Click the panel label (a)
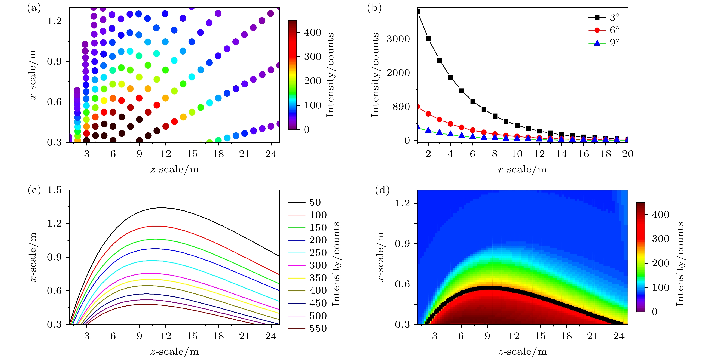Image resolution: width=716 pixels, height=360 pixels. [34, 8]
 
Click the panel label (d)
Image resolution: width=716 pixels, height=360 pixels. [382, 190]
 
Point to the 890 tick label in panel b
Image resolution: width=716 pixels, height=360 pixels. [401, 107]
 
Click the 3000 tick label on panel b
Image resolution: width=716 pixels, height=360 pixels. [398, 39]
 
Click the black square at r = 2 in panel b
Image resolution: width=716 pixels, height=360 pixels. [428, 39]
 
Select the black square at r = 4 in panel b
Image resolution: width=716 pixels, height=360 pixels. [451, 77]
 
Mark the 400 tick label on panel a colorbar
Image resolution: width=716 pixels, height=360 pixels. [313, 33]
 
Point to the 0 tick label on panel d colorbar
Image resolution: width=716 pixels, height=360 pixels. [655, 312]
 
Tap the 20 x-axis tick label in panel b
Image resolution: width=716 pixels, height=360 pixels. [628, 154]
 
